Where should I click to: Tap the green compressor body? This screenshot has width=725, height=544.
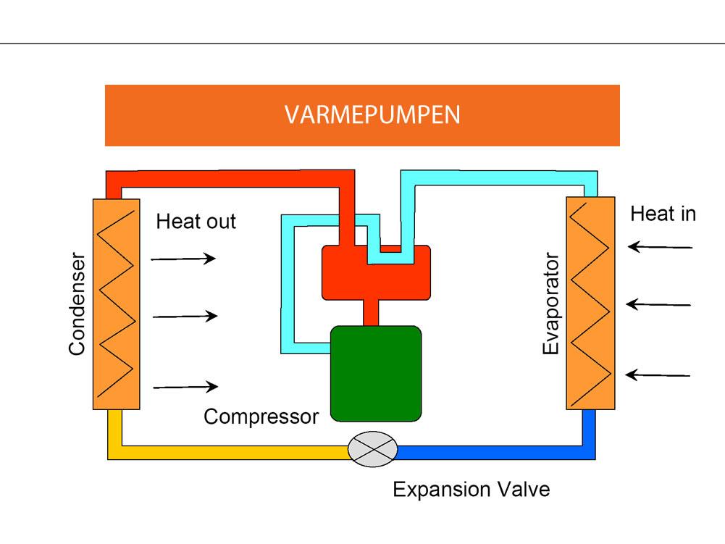[x=376, y=374]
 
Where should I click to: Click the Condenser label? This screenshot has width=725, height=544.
[x=77, y=304]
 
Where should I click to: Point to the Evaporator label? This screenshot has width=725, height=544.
[x=551, y=304]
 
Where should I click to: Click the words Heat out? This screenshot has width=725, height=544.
[x=196, y=221]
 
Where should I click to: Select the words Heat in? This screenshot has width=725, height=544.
[x=663, y=214]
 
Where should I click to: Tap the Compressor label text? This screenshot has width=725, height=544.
[x=261, y=417]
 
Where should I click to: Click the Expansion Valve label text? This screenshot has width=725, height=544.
[x=472, y=490]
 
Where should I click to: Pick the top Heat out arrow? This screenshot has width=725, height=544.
[x=184, y=258]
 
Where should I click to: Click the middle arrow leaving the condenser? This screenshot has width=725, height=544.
[x=185, y=316]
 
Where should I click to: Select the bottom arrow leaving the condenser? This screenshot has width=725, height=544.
[x=185, y=387]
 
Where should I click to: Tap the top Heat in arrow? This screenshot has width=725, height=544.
[x=660, y=247]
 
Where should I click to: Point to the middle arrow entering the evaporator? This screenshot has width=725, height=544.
[x=658, y=304]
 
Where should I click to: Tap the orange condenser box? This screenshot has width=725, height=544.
[x=116, y=304]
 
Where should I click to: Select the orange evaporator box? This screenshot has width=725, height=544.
[x=590, y=304]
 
